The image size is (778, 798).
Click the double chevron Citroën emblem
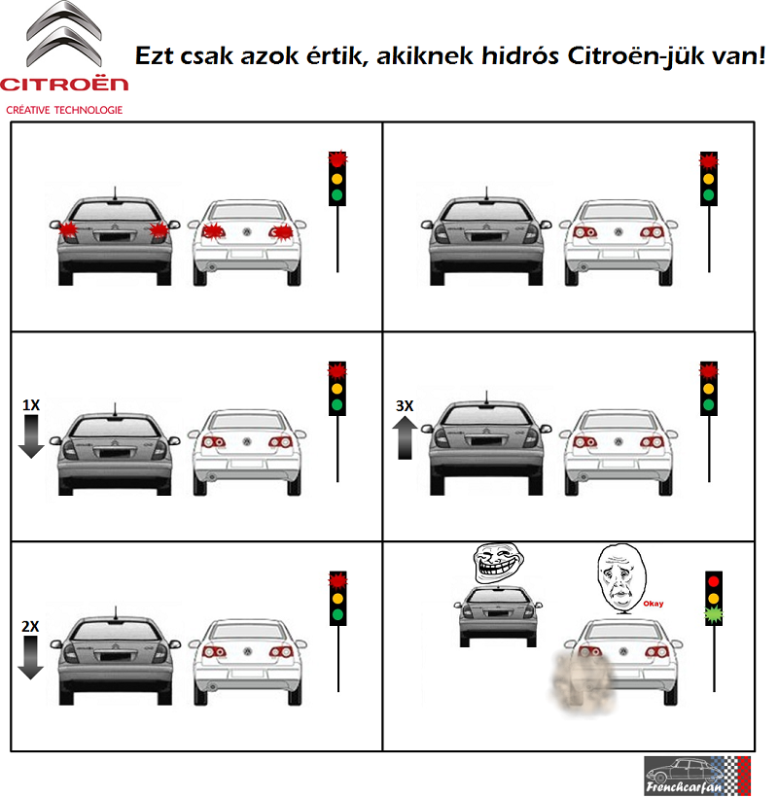(64, 34)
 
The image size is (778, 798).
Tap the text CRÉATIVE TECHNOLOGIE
(64, 110)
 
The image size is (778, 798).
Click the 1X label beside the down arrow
(30, 403)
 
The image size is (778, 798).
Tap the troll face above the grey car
(497, 561)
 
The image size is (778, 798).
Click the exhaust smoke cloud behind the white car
(578, 679)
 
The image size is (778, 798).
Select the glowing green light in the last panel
(715, 613)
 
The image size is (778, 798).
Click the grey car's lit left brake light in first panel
(68, 230)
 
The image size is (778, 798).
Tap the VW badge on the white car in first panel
(247, 232)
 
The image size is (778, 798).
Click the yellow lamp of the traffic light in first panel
(337, 178)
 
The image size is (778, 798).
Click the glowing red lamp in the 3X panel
(708, 370)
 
